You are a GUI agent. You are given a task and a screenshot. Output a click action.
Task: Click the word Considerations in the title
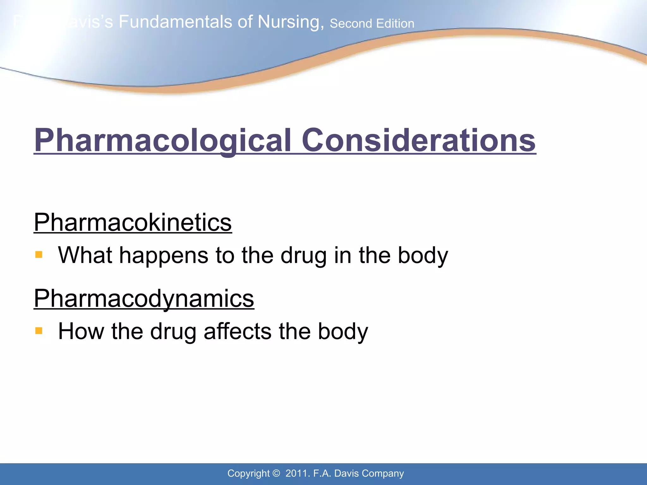tap(419, 140)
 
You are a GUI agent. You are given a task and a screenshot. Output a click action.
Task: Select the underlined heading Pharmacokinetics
tap(133, 222)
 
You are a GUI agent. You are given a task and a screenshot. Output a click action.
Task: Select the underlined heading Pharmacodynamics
tap(144, 298)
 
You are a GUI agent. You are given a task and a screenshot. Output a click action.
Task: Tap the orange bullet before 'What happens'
tap(39, 254)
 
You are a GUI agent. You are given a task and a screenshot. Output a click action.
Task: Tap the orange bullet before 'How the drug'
tap(39, 331)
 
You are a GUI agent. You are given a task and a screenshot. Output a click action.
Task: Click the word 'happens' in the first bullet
tap(163, 255)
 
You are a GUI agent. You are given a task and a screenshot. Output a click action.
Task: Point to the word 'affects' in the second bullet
tap(237, 331)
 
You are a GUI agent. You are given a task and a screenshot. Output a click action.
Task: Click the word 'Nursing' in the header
tap(290, 22)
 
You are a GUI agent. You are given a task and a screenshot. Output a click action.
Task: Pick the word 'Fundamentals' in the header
tap(176, 22)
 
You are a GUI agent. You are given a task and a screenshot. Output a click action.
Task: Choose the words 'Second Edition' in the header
tap(372, 24)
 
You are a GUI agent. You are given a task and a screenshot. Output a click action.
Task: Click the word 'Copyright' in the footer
tap(248, 473)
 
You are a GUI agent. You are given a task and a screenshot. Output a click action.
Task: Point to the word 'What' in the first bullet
tap(85, 255)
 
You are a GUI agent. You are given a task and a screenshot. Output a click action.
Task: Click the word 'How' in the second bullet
tap(81, 331)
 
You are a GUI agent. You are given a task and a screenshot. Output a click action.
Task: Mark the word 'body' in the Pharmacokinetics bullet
tap(423, 255)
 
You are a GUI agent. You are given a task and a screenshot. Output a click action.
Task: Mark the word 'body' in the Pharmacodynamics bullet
tap(343, 331)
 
